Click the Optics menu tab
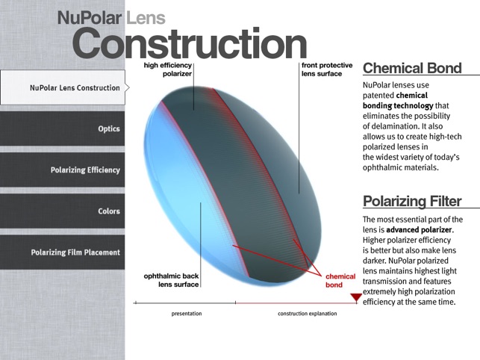[x=62, y=128]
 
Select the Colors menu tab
[x=62, y=211]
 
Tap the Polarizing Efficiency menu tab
[x=62, y=170]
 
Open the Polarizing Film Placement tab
[x=62, y=252]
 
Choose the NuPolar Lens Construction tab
[x=63, y=87]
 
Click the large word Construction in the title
[x=190, y=43]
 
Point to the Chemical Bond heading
[x=412, y=68]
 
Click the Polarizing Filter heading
[x=412, y=202]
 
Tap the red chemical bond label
[x=340, y=281]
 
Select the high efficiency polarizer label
[x=168, y=69]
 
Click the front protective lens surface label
[x=327, y=69]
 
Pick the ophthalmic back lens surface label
[x=172, y=280]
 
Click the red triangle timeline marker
[x=356, y=297]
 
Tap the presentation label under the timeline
[x=187, y=314]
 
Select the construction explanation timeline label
[x=308, y=314]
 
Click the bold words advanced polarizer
[x=419, y=230]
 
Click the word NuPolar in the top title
[x=90, y=17]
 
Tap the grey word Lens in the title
[x=146, y=17]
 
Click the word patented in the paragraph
[x=378, y=96]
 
